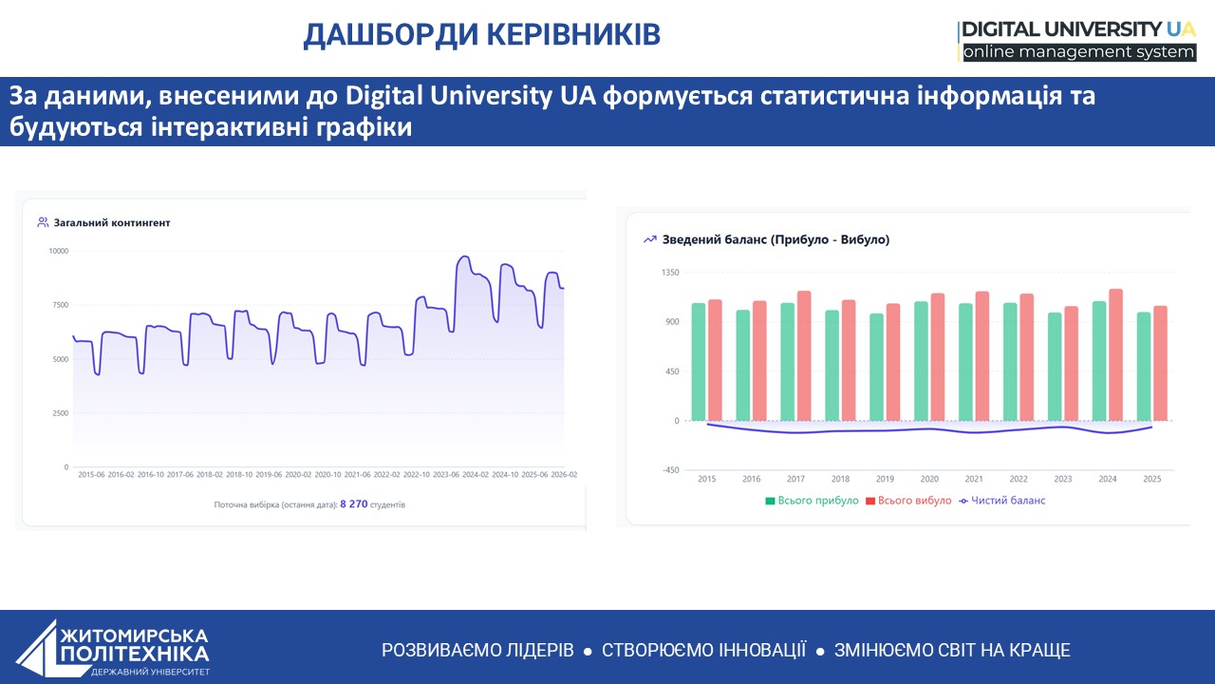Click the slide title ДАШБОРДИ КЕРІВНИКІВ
481,35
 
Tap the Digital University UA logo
1077,41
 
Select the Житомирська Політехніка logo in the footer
113,648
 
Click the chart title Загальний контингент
112,222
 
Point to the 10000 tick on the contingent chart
59,251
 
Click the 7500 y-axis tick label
61,305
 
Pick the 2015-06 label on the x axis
91,474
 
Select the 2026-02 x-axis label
564,474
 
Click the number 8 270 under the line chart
354,504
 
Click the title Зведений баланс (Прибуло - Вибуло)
776,239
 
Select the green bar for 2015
699,362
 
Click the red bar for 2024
1115,355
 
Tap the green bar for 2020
921,361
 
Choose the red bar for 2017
804,356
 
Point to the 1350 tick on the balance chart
670,273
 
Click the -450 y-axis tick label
670,470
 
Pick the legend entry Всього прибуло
812,501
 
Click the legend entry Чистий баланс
1001,501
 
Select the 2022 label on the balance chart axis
1019,479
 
